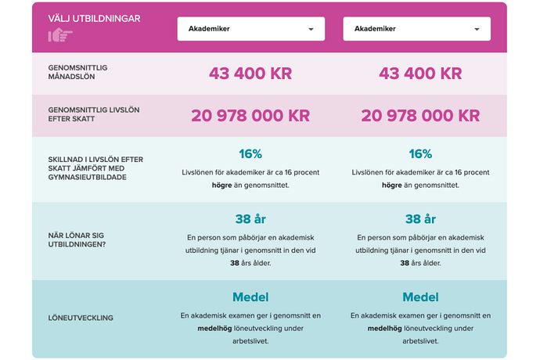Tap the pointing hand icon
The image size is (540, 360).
[60, 35]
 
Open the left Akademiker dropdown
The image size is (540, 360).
[250, 29]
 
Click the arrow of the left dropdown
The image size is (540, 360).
[311, 30]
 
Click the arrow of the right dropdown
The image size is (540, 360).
[477, 30]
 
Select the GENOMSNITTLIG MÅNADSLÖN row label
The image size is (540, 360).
[77, 72]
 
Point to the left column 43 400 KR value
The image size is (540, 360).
[250, 74]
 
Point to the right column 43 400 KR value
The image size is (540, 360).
[420, 74]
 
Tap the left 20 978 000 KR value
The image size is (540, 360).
[250, 116]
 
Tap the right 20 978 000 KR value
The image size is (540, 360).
[420, 116]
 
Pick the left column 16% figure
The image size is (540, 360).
[250, 154]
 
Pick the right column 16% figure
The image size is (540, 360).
[420, 154]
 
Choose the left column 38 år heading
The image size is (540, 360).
[250, 219]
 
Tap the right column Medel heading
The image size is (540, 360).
[420, 297]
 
